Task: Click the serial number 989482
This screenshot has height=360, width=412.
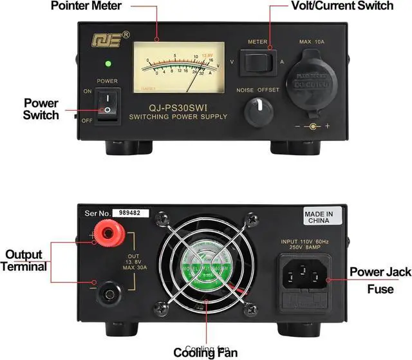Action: (x=130, y=213)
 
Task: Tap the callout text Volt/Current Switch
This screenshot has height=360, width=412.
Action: (x=341, y=6)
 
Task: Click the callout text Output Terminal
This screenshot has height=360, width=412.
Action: (x=24, y=261)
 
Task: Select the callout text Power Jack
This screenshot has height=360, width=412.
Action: (x=380, y=272)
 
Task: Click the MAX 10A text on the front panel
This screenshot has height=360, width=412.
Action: (x=314, y=42)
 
